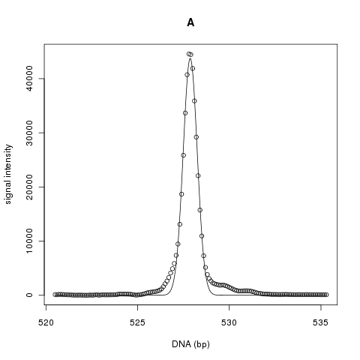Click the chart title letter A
190,22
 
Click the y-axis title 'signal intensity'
8,174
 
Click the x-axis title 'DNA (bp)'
190,344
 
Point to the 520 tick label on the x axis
46,322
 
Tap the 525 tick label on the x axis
137,322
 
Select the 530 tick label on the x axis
229,322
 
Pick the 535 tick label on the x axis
320,322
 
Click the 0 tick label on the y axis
29,295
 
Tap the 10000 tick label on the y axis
29,241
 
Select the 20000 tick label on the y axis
29,187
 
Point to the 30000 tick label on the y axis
29,133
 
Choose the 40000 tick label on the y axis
29,79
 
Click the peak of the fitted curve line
190,58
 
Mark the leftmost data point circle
55,295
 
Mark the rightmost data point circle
326,295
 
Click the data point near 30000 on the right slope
196,137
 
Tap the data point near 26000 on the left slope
183,155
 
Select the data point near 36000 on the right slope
194,101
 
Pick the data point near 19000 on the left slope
181,194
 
